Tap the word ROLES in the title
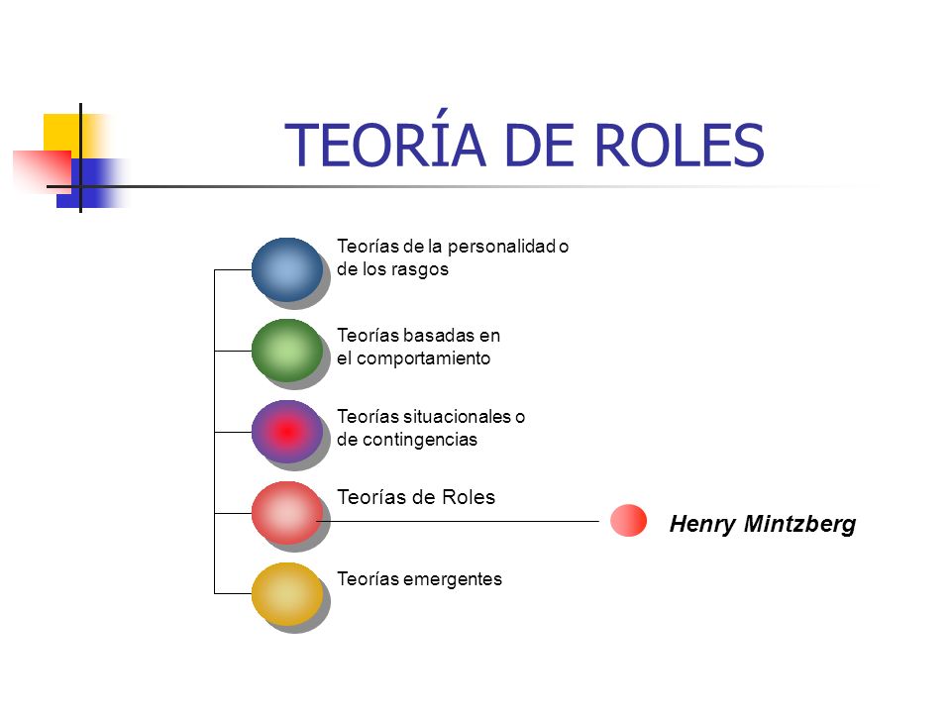click(x=683, y=146)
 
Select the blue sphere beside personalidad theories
click(x=286, y=268)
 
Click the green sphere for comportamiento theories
click(x=286, y=350)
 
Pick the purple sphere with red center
click(x=286, y=431)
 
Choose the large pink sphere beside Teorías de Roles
click(x=286, y=512)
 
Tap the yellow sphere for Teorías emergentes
click(x=286, y=593)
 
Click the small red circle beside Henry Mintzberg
click(x=628, y=520)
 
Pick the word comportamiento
click(x=423, y=358)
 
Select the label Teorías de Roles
click(x=416, y=498)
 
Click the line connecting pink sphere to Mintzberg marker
click(x=466, y=521)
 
